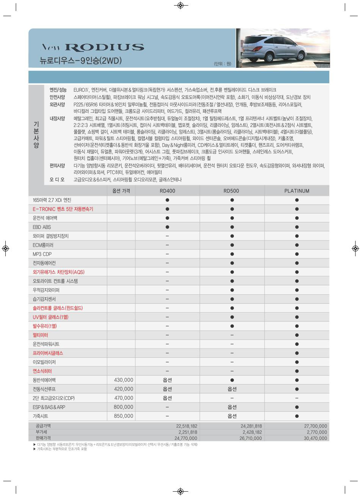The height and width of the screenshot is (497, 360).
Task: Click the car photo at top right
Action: (282, 48)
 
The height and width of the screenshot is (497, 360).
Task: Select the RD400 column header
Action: (167, 191)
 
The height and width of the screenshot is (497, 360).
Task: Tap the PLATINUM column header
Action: (297, 191)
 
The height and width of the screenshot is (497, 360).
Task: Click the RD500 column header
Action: (232, 191)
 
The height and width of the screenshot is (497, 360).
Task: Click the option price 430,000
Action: (124, 380)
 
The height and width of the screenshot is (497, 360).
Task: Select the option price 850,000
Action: (124, 416)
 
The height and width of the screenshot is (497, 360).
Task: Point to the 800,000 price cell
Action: (124, 407)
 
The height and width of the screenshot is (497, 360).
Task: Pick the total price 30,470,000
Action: (315, 438)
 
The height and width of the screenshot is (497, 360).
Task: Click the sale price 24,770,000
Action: (186, 438)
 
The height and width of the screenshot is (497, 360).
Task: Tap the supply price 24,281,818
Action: (251, 426)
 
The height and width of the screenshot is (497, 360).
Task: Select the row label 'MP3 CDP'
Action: (42, 254)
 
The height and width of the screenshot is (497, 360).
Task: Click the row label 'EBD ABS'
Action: (42, 227)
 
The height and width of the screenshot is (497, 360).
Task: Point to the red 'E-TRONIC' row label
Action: (63, 209)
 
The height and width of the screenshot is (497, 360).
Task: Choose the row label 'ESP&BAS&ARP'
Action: (49, 407)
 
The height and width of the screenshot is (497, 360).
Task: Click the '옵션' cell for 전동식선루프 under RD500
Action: (232, 389)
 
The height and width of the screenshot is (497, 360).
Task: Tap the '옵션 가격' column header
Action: (121, 191)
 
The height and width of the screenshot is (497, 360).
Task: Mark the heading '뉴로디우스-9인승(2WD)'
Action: (81, 61)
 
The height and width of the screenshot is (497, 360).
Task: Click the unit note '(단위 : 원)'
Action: (222, 64)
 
